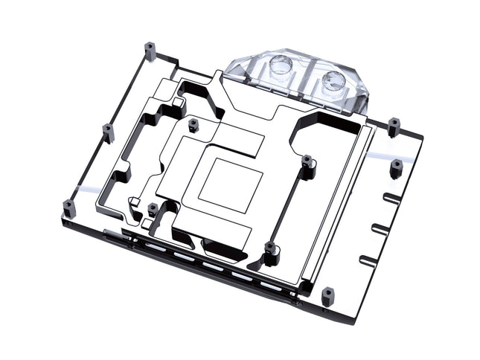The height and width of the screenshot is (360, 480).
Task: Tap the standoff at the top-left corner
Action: [x=151, y=51]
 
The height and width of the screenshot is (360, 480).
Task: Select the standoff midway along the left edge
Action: [x=108, y=133]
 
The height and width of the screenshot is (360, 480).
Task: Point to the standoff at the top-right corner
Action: [x=394, y=127]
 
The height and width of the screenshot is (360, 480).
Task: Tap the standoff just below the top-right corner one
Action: [x=397, y=169]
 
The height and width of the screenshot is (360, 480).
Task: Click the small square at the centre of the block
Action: [x=230, y=181]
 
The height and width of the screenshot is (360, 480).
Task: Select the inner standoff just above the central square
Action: [x=193, y=124]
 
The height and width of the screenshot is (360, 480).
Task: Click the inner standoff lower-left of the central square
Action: [x=153, y=210]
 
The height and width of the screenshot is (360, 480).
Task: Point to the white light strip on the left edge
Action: [x=88, y=192]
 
